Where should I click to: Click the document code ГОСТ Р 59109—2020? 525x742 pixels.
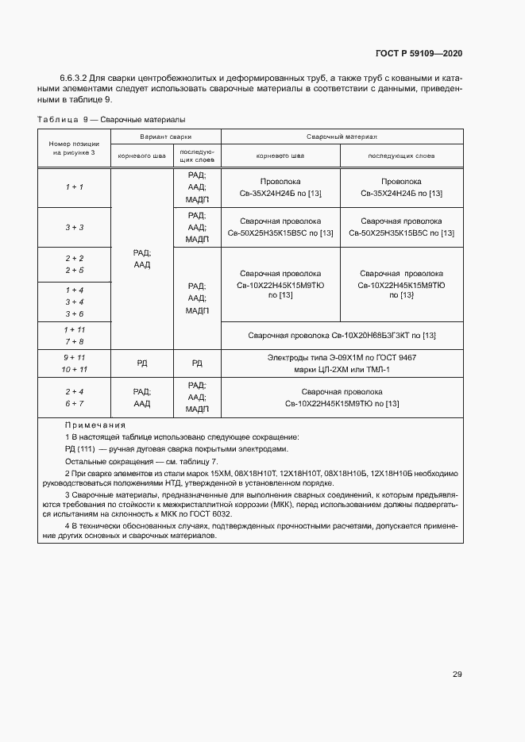pyautogui.click(x=419, y=53)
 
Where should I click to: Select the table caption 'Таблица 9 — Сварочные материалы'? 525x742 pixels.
pyautogui.click(x=111, y=120)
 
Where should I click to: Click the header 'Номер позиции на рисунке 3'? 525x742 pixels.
pyautogui.click(x=75, y=147)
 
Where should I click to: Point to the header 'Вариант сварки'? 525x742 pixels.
pyautogui.click(x=166, y=136)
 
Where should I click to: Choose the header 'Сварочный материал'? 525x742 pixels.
pyautogui.click(x=342, y=136)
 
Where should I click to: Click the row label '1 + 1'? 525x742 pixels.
pyautogui.click(x=75, y=186)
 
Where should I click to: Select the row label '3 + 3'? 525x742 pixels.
pyautogui.click(x=75, y=227)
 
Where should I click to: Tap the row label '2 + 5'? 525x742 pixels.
pyautogui.click(x=75, y=271)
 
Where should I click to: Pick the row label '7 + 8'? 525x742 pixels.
pyautogui.click(x=75, y=341)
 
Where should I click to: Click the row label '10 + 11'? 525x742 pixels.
pyautogui.click(x=75, y=370)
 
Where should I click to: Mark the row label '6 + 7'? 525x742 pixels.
pyautogui.click(x=75, y=404)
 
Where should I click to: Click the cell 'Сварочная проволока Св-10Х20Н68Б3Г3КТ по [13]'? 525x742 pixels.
pyautogui.click(x=342, y=336)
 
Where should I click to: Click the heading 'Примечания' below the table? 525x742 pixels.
pyautogui.click(x=89, y=425)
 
